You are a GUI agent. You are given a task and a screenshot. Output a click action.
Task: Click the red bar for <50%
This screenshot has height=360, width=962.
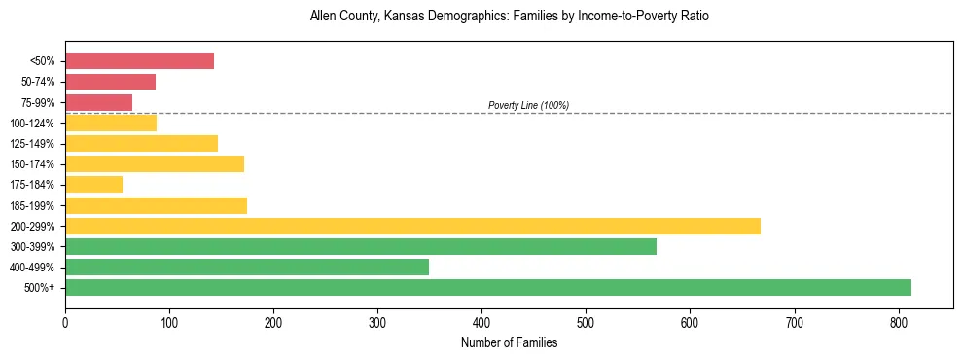pos(139,61)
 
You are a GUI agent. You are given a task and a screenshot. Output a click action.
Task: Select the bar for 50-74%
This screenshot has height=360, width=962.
pos(110,82)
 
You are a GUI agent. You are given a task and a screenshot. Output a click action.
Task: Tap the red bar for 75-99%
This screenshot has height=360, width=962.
pos(98,102)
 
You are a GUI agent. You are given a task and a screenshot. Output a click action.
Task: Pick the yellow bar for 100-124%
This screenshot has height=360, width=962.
pos(111,123)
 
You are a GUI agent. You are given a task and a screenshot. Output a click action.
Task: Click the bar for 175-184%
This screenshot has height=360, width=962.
pos(93,185)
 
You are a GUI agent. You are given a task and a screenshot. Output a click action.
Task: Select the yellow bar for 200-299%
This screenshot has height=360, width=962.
pos(412,226)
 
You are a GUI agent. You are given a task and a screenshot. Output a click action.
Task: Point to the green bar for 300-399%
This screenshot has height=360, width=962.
pos(361,246)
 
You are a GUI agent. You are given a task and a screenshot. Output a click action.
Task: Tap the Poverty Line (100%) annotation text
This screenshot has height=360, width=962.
pos(528,105)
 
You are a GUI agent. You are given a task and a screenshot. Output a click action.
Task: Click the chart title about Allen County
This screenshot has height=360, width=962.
pos(509,17)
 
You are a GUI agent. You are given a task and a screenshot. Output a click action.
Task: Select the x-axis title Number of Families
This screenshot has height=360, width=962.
pos(509,342)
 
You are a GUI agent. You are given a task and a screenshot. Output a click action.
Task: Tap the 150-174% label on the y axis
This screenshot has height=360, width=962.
pos(32,164)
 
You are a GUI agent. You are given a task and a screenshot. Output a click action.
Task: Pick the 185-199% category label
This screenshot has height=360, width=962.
pos(32,206)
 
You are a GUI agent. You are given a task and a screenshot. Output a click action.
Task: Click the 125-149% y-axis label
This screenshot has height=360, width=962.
pos(32,144)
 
